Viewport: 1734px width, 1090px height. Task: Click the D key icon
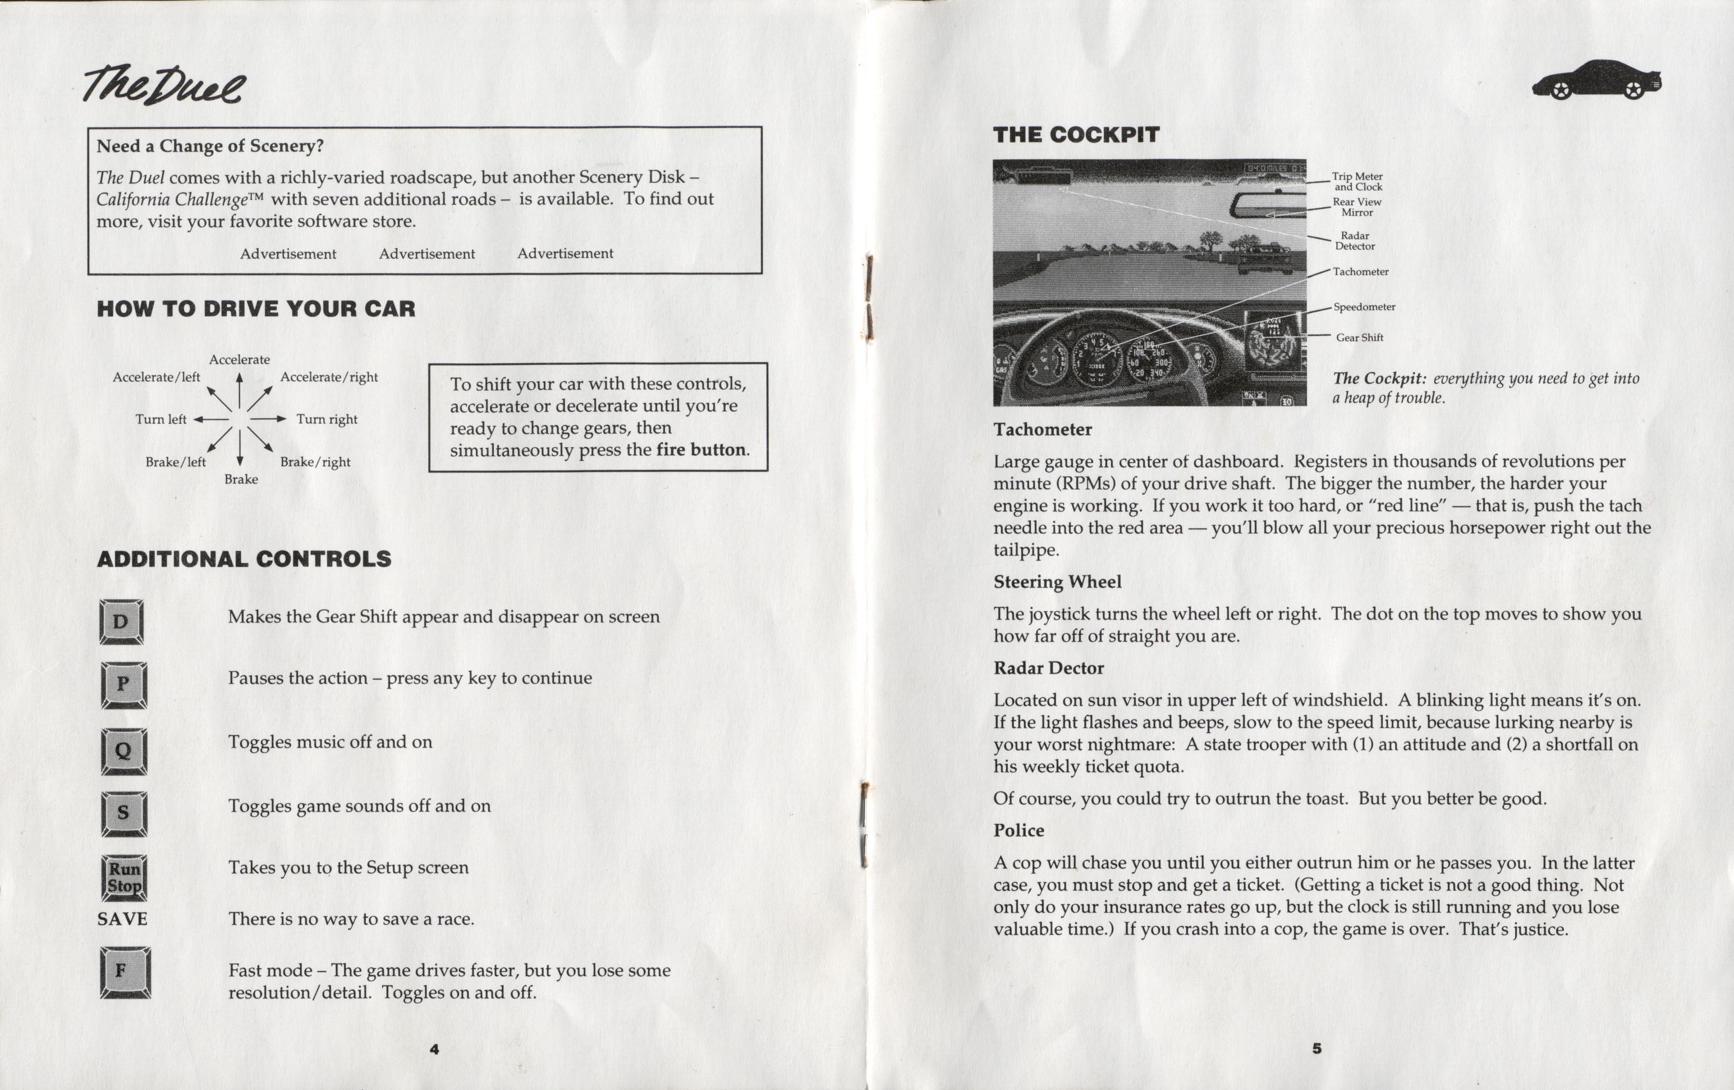(121, 622)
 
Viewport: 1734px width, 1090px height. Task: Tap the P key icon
(123, 684)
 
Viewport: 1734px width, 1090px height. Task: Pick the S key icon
(124, 813)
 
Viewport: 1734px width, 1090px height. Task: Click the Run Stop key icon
(124, 877)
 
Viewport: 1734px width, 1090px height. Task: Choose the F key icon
(125, 973)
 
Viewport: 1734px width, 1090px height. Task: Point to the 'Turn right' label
(327, 419)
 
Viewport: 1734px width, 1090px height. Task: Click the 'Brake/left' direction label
(176, 462)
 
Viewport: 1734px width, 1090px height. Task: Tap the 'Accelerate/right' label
(328, 377)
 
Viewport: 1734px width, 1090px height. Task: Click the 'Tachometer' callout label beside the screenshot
(1360, 272)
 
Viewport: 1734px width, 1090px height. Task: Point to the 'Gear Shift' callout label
(1360, 337)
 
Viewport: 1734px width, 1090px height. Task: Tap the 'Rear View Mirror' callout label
(1357, 207)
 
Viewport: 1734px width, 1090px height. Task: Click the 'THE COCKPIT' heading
(1076, 135)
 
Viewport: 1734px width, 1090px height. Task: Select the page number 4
(434, 1049)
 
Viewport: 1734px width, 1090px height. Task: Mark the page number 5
(1316, 1048)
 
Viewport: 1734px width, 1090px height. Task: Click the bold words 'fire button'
(701, 450)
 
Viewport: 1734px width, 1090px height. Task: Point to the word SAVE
(122, 919)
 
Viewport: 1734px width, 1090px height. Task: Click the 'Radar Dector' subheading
(1048, 668)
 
